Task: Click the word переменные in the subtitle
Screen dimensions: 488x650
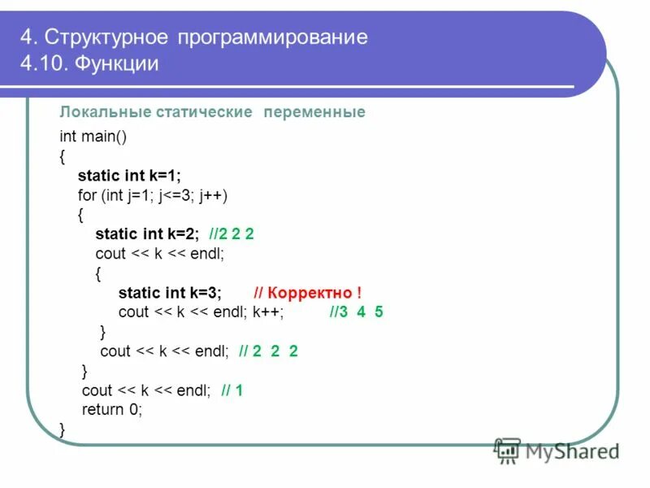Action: click(314, 112)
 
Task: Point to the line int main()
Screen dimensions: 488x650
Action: click(93, 136)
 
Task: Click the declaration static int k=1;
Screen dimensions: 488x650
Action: click(129, 175)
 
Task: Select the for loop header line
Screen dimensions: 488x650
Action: click(153, 195)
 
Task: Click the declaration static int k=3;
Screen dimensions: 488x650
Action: click(170, 293)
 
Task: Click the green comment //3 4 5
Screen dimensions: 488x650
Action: click(356, 312)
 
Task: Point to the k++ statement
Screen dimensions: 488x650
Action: click(267, 312)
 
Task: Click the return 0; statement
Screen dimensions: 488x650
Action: click(112, 410)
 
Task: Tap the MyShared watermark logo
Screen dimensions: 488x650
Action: click(557, 450)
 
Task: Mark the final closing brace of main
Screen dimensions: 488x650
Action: click(63, 429)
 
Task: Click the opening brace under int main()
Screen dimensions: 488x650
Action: click(63, 155)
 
